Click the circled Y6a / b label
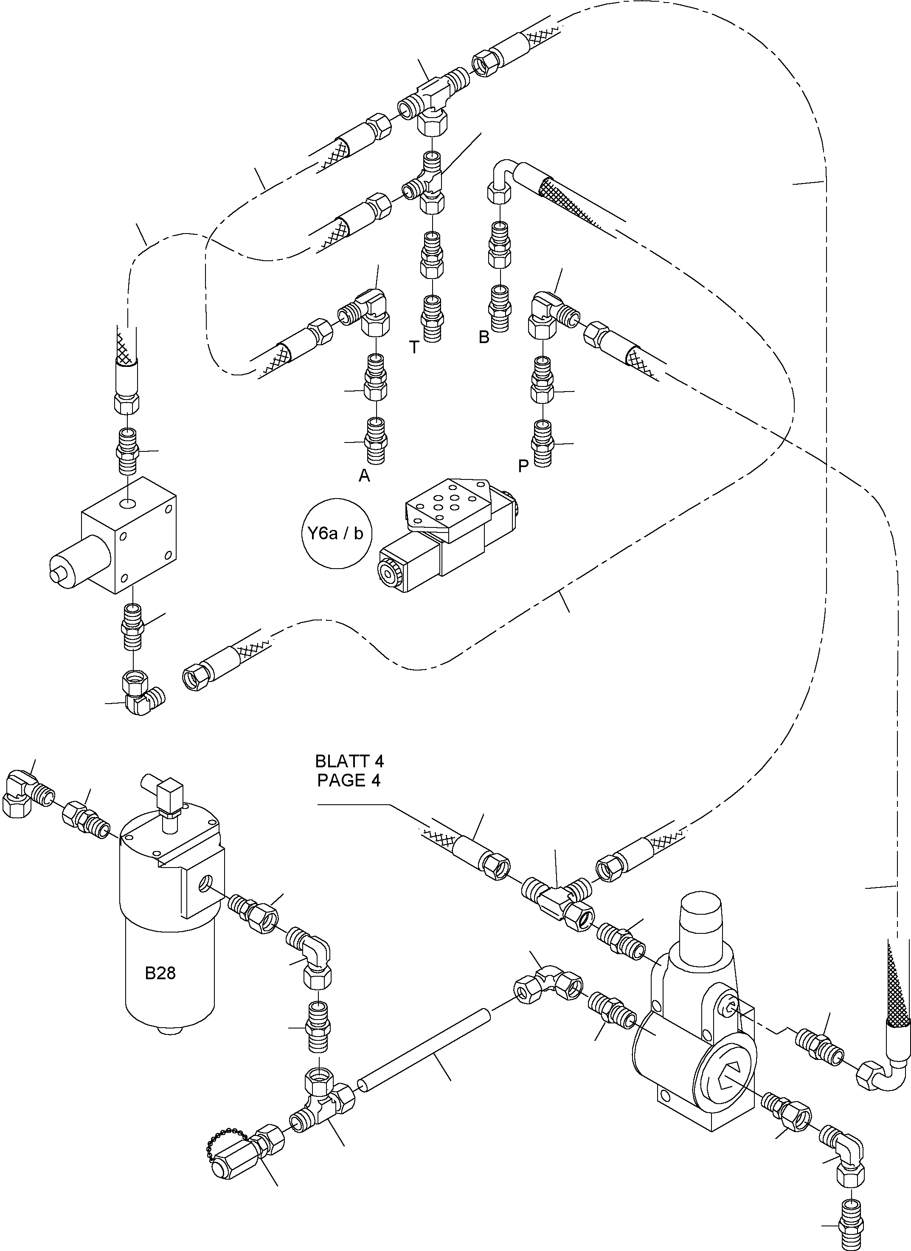tap(336, 533)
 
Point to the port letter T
tap(414, 347)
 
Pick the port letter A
tap(364, 476)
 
